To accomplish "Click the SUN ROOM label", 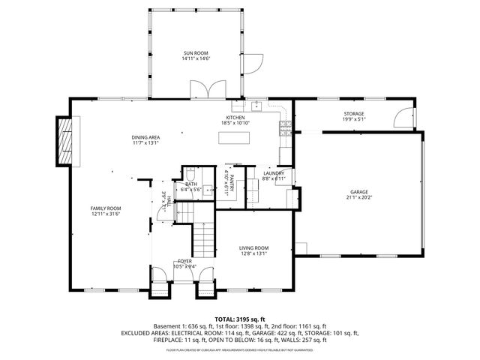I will [x=196, y=53].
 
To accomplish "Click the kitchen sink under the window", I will [x=256, y=105].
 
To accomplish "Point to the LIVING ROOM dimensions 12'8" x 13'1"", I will [x=253, y=253].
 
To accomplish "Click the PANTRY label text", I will [x=232, y=183].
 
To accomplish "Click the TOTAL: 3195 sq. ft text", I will [x=240, y=319].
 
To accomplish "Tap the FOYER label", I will [x=184, y=261].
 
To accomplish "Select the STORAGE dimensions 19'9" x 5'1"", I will [x=353, y=118].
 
